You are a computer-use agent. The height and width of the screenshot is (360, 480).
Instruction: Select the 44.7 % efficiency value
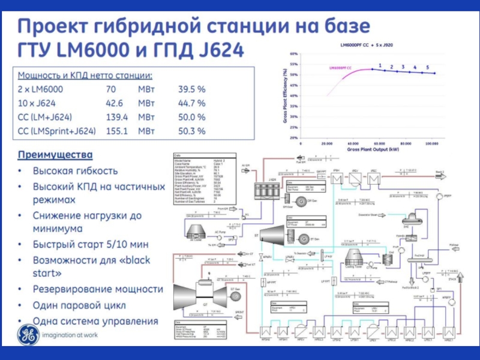(x=191, y=103)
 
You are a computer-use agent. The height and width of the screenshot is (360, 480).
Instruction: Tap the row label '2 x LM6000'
(x=40, y=89)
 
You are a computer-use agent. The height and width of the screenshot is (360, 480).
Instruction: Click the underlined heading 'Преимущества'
(x=55, y=154)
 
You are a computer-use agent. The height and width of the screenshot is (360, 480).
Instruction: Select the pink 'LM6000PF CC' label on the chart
(x=340, y=68)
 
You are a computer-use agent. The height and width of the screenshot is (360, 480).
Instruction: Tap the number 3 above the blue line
(x=403, y=67)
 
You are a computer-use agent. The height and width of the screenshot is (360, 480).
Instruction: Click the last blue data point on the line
(x=435, y=73)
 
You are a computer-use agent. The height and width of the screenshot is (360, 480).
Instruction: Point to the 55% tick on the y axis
(x=294, y=64)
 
